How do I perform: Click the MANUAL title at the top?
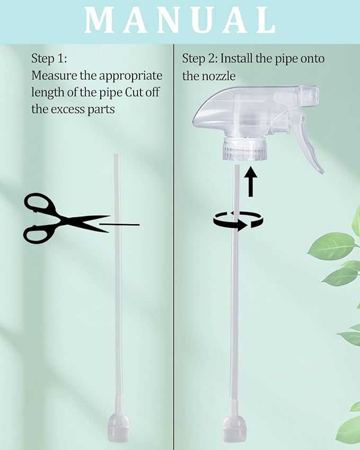(180, 20)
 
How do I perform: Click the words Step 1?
(49, 59)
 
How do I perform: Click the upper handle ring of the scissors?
(36, 203)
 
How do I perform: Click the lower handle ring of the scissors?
(36, 234)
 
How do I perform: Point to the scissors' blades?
(86, 224)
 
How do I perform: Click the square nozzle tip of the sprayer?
(309, 93)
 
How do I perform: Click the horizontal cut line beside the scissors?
(119, 225)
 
